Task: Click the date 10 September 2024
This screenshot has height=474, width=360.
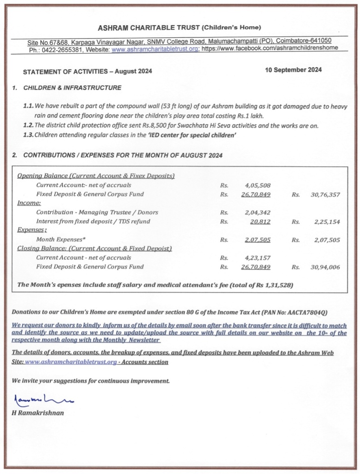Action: click(293, 69)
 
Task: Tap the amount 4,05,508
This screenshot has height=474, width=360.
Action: click(258, 185)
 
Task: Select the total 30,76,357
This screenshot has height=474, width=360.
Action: click(325, 195)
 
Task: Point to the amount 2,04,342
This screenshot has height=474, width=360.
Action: click(258, 212)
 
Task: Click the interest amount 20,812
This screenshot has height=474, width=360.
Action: click(260, 222)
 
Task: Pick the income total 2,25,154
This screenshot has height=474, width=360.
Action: click(327, 222)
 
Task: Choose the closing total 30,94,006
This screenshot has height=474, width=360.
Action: click(325, 267)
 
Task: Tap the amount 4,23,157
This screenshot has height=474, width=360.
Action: click(258, 258)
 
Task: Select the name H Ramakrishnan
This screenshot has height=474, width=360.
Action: click(38, 413)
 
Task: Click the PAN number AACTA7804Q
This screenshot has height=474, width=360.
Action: click(308, 312)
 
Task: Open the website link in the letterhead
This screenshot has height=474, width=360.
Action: click(155, 49)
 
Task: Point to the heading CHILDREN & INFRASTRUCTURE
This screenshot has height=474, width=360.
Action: click(72, 88)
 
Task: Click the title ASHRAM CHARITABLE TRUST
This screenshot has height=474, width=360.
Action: click(149, 28)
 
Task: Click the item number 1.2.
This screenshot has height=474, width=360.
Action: click(28, 125)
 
